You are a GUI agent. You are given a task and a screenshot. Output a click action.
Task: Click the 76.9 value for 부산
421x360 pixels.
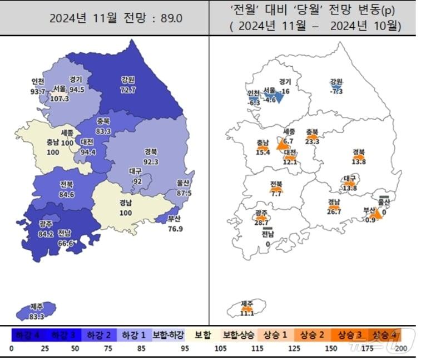point(176,228)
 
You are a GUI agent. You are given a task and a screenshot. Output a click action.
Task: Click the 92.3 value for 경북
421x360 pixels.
point(151,161)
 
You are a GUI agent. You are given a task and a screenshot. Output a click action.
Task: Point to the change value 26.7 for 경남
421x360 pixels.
point(334,212)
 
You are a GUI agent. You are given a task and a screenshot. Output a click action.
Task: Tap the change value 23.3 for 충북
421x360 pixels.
point(313,141)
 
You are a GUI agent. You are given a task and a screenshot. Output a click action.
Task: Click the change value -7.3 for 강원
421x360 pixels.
point(336,91)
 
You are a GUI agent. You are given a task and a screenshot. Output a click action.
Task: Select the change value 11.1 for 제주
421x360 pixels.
point(247,313)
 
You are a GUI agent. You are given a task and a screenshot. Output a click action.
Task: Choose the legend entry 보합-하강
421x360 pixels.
point(168,335)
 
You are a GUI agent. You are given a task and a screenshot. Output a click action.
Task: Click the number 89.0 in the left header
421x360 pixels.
point(171,18)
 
